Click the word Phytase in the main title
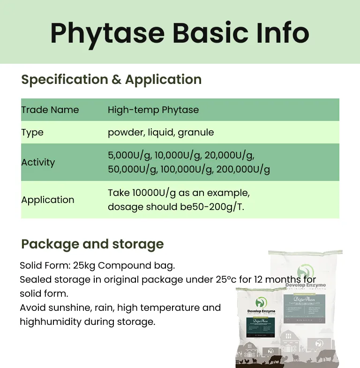(107, 33)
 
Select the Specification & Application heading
(111, 80)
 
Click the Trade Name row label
(50, 110)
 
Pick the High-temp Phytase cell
(153, 110)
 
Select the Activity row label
(38, 163)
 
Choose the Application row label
(47, 200)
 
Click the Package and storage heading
(92, 244)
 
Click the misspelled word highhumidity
(50, 322)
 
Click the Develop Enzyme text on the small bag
(261, 311)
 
